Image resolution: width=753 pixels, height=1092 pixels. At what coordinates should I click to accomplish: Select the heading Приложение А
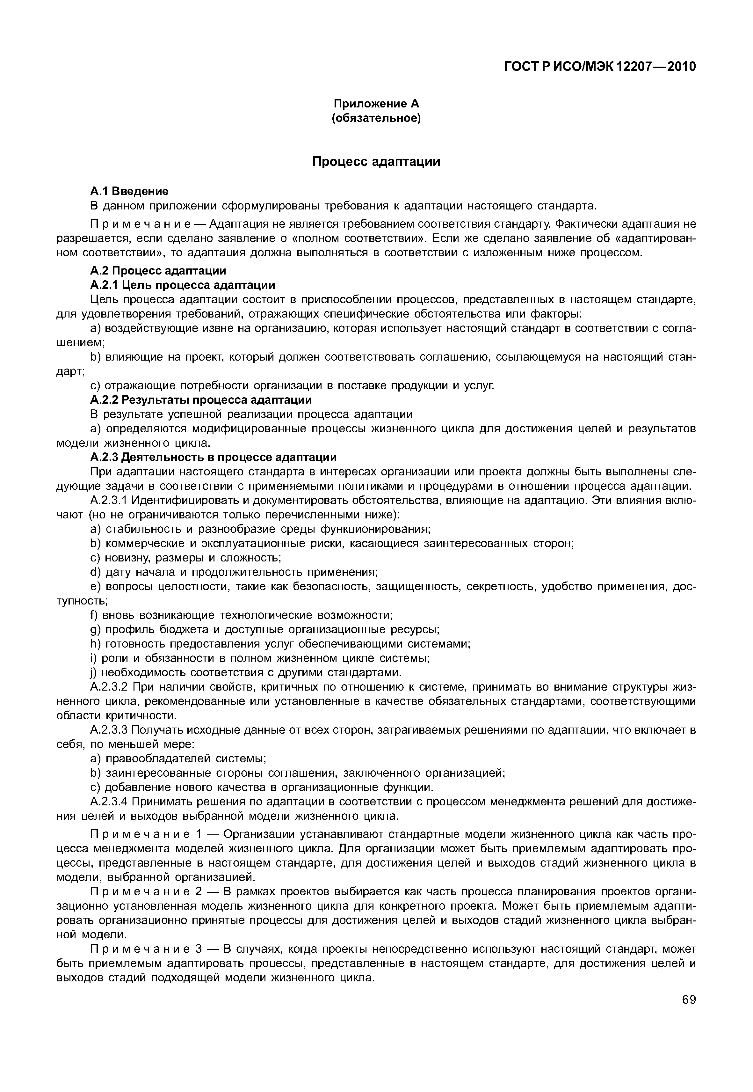(376, 103)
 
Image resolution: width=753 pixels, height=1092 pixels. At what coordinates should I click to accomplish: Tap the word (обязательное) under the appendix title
(376, 118)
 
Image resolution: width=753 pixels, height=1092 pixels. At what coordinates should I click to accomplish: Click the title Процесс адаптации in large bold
(376, 162)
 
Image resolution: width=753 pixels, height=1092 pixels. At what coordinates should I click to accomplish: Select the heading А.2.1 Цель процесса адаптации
(182, 285)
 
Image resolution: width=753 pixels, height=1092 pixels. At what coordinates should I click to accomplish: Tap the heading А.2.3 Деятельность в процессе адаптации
(213, 457)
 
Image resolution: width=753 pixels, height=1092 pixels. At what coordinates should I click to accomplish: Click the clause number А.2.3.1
(109, 500)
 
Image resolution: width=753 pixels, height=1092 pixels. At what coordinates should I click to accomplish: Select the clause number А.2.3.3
(109, 730)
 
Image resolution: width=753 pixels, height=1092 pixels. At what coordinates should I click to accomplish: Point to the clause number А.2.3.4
(109, 802)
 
